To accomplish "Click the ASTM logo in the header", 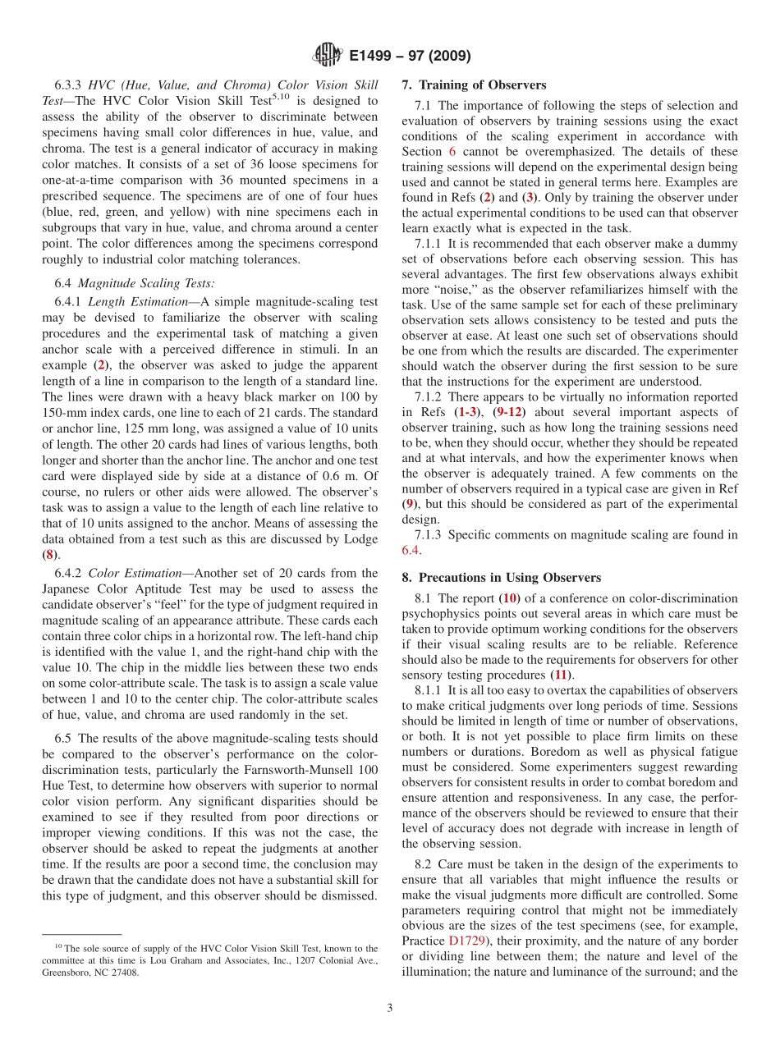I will coord(328,56).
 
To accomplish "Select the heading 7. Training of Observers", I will coord(474,85).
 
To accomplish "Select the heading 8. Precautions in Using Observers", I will coord(501,578).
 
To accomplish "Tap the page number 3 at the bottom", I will coord(389,1008).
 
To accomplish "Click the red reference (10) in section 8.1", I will coord(510,598).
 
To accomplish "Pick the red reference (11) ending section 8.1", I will coord(562,675).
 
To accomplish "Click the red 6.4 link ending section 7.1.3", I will coord(411,551).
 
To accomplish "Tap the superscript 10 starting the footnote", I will coord(57,946).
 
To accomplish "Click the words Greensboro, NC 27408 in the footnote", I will coord(89,973).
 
